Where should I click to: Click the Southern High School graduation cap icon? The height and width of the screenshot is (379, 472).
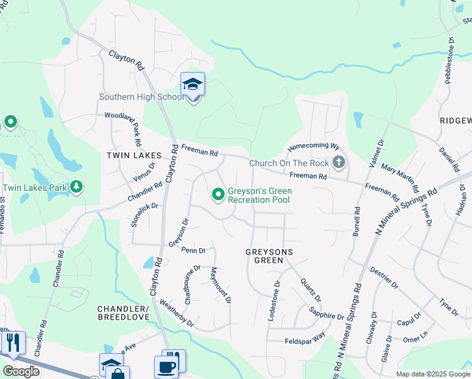pos(192,84)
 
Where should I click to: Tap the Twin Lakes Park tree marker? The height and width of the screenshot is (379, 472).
pos(76,188)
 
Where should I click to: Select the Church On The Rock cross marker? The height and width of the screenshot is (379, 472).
pos(339,163)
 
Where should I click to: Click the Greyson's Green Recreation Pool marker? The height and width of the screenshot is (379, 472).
pos(218,194)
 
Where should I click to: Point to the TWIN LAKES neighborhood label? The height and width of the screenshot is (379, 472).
pos(134,155)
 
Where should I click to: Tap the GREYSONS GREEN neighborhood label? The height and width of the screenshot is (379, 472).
pos(270,255)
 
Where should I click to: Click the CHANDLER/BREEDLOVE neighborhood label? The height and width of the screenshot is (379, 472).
pos(122,312)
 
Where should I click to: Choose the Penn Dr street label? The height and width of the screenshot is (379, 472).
pos(193,250)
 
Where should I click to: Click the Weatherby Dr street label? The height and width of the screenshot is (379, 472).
pos(177,313)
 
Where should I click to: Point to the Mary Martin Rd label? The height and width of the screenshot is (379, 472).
pos(399,179)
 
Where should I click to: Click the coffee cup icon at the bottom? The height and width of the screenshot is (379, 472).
pos(166,366)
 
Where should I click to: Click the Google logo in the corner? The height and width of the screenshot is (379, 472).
pos(21,371)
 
